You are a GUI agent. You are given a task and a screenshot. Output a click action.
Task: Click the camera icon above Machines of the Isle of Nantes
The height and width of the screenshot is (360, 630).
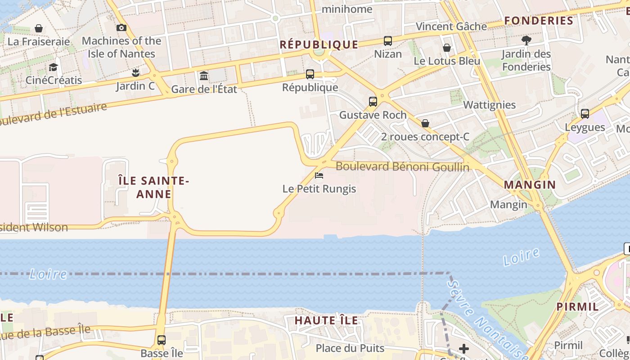tap(121, 28)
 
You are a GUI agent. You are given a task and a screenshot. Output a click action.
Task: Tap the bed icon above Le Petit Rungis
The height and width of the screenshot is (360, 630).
tap(319, 175)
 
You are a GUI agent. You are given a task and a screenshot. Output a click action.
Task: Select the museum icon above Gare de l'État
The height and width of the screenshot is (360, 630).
tap(204, 76)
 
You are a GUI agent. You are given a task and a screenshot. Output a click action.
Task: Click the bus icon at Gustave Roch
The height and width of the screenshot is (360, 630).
tap(373, 102)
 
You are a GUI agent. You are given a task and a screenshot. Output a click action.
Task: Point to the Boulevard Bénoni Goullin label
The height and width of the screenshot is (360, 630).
tap(402, 167)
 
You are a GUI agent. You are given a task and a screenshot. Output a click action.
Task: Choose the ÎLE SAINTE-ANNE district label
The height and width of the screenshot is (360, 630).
tap(153, 187)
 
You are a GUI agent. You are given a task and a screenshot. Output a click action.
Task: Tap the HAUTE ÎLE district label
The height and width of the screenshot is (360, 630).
tap(326, 320)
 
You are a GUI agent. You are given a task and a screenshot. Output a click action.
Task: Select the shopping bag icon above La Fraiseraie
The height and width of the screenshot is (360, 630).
tap(39, 29)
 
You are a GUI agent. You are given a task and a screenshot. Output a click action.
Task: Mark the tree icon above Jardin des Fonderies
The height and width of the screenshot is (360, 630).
tap(526, 40)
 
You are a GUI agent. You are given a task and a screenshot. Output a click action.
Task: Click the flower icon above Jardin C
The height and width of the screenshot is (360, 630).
tap(135, 72)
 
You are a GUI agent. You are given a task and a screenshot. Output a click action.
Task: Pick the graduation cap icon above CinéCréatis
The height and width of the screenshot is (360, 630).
tap(54, 67)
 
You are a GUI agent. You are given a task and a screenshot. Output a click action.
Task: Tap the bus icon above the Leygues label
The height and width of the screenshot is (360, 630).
tap(585, 114)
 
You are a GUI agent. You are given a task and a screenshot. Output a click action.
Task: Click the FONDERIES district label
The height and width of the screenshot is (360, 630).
tap(539, 21)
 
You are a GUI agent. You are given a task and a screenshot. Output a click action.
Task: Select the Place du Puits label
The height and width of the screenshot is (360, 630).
tap(350, 348)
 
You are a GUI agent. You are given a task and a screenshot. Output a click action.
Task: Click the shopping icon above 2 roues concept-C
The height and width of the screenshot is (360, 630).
tap(425, 123)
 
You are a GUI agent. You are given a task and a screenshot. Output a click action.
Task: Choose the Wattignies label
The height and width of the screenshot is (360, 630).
tap(489, 105)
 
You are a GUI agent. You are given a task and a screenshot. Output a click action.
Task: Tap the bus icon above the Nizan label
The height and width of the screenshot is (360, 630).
tap(387, 41)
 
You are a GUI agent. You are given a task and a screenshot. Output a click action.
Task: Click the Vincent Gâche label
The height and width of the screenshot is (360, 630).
tap(451, 27)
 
